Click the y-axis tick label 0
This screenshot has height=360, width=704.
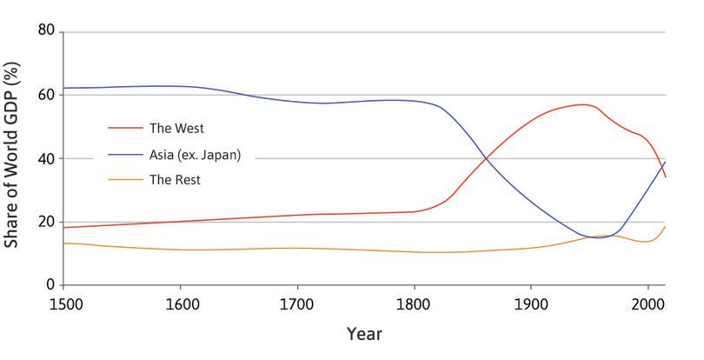[50, 285]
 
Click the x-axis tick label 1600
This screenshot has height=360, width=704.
[180, 304]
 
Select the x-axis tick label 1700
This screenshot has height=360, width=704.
[297, 304]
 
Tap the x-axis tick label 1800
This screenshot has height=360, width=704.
[415, 304]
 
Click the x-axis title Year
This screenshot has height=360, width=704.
[363, 333]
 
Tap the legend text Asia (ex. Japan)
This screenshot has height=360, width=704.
[193, 154]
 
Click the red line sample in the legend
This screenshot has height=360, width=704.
[125, 127]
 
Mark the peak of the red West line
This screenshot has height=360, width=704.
[587, 104]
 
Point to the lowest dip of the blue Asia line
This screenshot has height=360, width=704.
[599, 237]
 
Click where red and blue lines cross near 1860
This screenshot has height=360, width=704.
[488, 157]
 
